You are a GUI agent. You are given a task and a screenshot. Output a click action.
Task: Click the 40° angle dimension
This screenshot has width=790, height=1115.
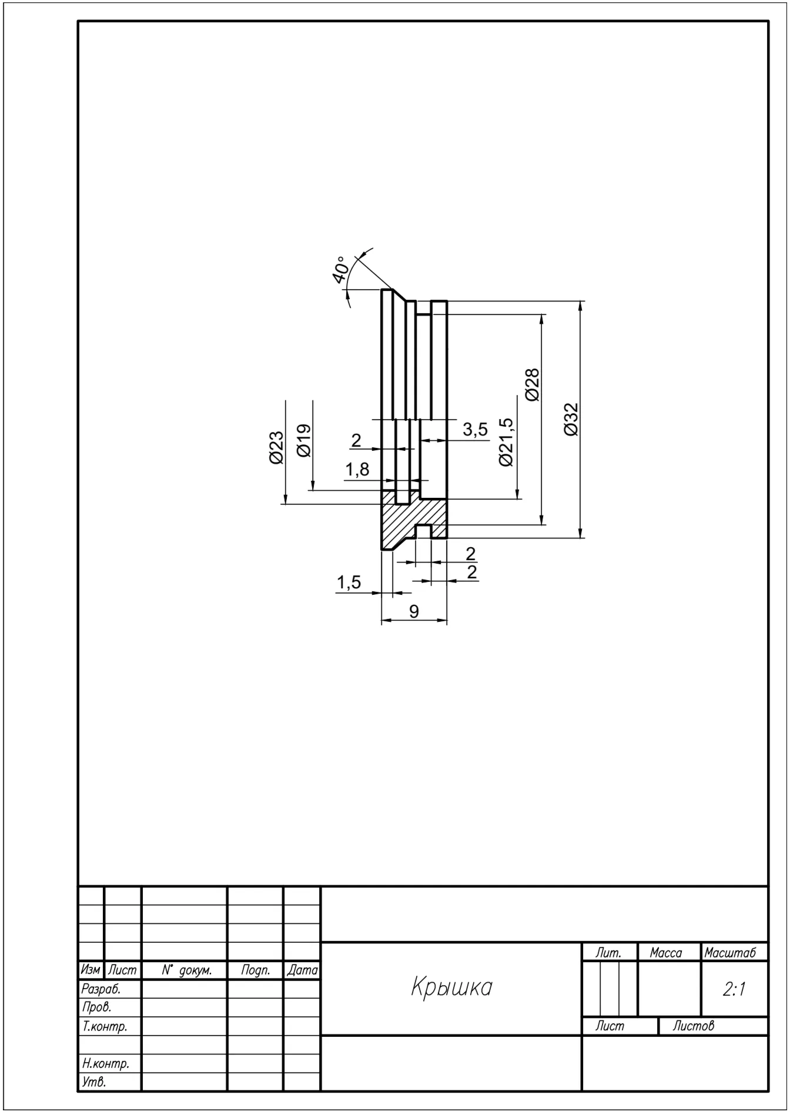tap(339, 270)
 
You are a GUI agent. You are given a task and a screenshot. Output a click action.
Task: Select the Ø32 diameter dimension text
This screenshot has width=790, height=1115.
tap(571, 419)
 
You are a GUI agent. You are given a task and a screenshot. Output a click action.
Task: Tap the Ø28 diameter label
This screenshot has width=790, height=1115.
tap(533, 385)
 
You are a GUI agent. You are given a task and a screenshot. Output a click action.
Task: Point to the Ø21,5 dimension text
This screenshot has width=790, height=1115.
tap(506, 442)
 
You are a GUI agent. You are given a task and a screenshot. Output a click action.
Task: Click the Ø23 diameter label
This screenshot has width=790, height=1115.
tap(276, 448)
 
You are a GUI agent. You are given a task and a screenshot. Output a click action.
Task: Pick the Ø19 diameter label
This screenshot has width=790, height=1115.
tap(304, 440)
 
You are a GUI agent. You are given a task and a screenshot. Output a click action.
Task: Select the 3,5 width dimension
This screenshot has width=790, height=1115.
tap(475, 429)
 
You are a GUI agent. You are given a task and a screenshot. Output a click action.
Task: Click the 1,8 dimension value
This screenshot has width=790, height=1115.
tap(357, 469)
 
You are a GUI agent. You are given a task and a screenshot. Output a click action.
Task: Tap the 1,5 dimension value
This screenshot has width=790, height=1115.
tap(349, 582)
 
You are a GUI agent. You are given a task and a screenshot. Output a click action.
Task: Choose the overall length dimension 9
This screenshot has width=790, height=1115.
tap(414, 611)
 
